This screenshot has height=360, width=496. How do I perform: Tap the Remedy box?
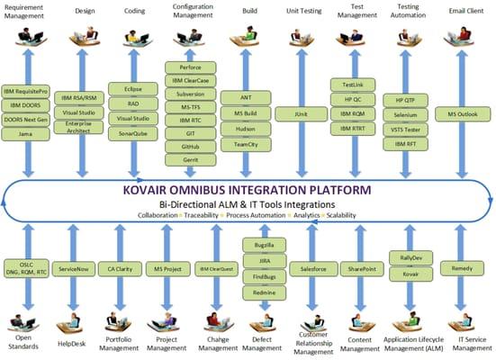coord(464,268)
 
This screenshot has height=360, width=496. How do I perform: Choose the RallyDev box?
coord(404,256)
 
